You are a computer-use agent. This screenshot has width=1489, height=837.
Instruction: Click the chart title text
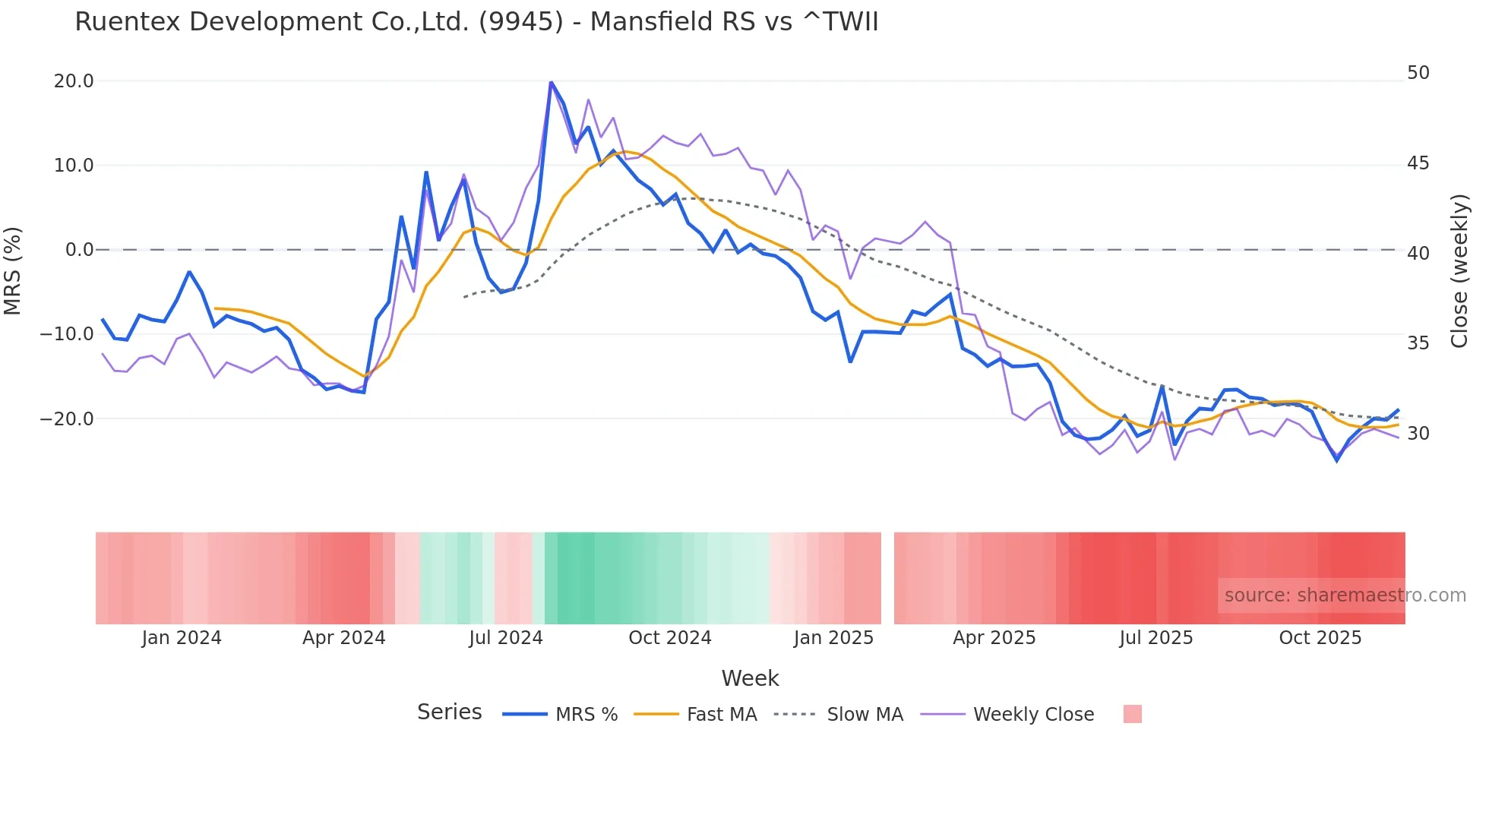[x=476, y=22]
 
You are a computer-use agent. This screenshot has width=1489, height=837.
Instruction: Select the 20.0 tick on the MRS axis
[x=74, y=81]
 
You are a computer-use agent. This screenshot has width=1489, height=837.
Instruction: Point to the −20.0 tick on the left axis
[x=67, y=418]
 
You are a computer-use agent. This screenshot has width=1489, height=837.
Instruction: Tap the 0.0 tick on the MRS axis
[x=79, y=250]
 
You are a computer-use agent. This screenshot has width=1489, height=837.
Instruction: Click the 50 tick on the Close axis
[x=1418, y=73]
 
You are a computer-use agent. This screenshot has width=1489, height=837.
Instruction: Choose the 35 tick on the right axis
[x=1418, y=343]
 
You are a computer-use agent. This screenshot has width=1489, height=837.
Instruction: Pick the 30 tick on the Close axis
[x=1418, y=434]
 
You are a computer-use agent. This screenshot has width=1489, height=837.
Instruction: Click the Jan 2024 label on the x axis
[x=182, y=638]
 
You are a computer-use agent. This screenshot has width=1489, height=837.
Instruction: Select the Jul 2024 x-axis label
[x=506, y=638]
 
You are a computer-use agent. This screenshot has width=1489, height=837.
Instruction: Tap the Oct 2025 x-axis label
[x=1320, y=638]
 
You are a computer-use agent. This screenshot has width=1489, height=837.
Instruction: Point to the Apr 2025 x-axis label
[x=994, y=638]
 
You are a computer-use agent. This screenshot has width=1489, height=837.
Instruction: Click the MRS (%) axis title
[x=13, y=270]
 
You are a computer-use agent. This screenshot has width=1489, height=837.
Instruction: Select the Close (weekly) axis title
[x=1459, y=271]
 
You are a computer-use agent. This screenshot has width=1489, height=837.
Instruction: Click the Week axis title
[x=750, y=678]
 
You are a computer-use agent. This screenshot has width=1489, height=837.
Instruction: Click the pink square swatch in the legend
[x=1132, y=714]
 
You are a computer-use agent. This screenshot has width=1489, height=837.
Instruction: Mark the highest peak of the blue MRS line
[x=551, y=82]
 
